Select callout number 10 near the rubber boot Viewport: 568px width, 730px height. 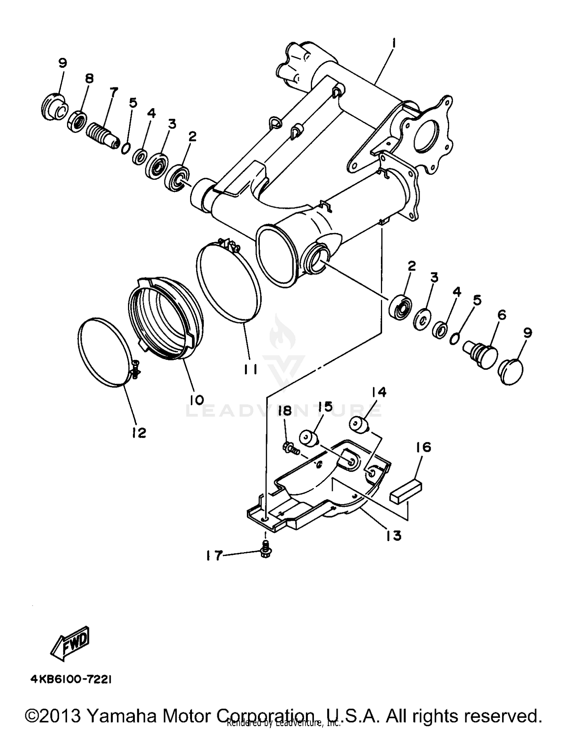[x=197, y=400]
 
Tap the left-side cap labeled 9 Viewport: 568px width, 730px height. [x=54, y=107]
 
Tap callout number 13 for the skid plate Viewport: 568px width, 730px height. [x=393, y=535]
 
